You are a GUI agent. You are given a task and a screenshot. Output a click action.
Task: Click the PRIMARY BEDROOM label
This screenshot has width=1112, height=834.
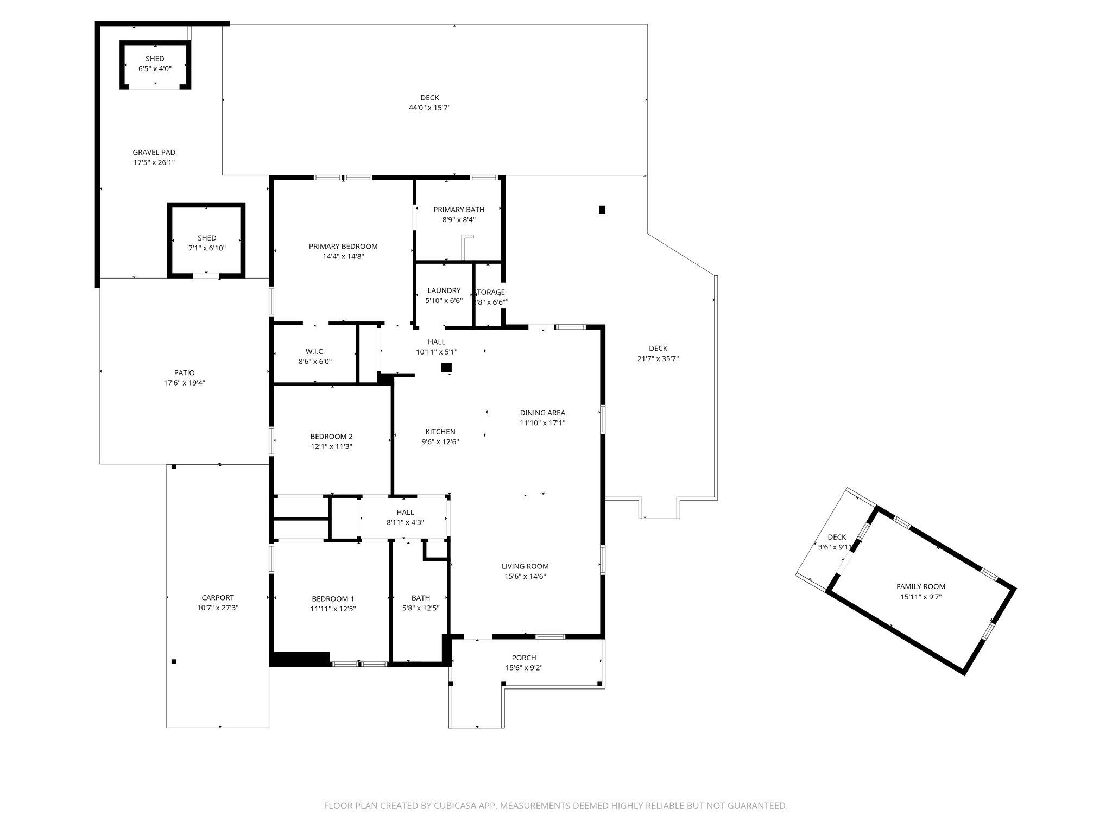tap(343, 247)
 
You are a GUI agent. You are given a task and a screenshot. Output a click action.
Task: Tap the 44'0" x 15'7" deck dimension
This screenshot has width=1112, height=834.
tap(429, 108)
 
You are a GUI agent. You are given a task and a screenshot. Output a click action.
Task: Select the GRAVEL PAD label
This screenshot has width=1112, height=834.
tap(154, 153)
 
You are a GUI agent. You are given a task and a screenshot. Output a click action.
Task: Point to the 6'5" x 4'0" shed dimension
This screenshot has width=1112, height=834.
tap(155, 69)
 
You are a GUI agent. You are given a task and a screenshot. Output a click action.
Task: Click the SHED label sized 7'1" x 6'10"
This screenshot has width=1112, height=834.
tap(207, 238)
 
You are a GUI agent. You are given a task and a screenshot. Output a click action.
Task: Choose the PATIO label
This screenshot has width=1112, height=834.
tap(185, 373)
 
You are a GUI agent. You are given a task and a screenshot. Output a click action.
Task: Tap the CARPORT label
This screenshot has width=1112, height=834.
tap(218, 598)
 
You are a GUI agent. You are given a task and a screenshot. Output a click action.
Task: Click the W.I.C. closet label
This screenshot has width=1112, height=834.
tap(315, 351)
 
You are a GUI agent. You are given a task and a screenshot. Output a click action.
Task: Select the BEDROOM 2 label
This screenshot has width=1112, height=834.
tap(332, 437)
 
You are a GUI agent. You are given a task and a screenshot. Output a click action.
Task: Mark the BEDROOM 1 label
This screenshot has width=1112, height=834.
tap(332, 599)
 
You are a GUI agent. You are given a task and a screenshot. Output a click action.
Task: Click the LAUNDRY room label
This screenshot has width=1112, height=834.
tap(444, 290)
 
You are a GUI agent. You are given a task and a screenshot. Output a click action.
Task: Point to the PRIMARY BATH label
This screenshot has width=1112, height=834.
tap(459, 210)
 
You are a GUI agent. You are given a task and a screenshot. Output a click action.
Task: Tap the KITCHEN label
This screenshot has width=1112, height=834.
tap(440, 432)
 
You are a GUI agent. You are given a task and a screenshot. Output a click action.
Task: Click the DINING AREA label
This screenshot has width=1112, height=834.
tap(542, 413)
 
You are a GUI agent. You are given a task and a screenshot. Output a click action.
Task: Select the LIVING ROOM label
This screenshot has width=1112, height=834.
tap(525, 566)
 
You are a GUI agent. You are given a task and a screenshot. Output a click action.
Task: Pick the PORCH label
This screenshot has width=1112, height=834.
tap(524, 658)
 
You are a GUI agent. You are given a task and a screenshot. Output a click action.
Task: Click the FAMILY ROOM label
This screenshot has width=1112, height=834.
tap(921, 586)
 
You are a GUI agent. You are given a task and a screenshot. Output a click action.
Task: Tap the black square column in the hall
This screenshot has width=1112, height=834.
tap(446, 368)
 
